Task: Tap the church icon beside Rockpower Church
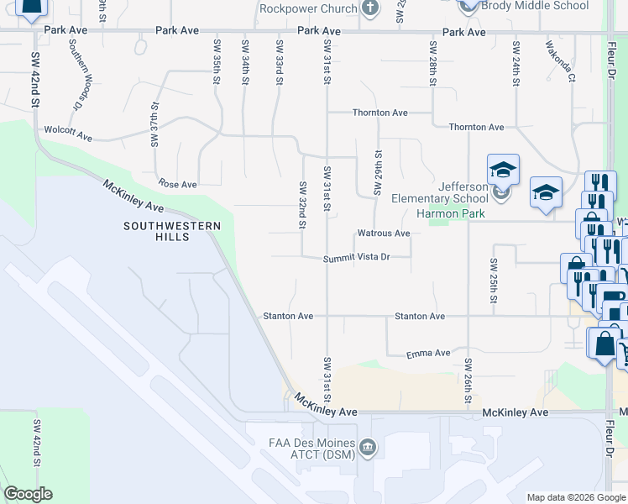tap(369, 8)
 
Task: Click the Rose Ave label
tap(177, 184)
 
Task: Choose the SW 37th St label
tap(155, 125)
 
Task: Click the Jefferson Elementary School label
tap(440, 192)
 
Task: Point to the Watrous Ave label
tap(384, 233)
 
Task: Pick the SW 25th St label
tap(495, 281)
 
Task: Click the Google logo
tap(29, 494)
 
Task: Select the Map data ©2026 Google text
tap(575, 497)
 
